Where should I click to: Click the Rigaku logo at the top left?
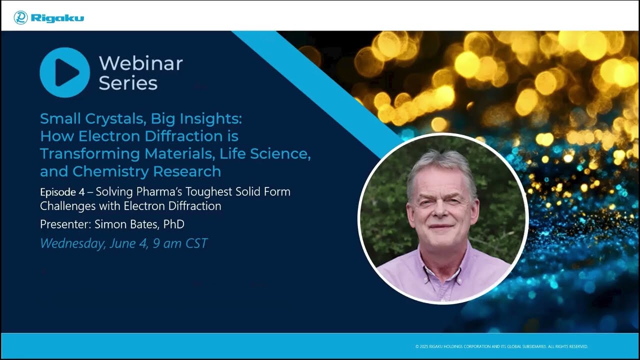(x=49, y=18)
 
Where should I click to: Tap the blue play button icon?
(x=65, y=72)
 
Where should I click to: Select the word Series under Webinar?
(x=128, y=83)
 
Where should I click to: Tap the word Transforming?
(x=89, y=153)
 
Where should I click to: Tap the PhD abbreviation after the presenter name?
(x=173, y=224)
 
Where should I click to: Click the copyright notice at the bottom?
(x=501, y=346)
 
